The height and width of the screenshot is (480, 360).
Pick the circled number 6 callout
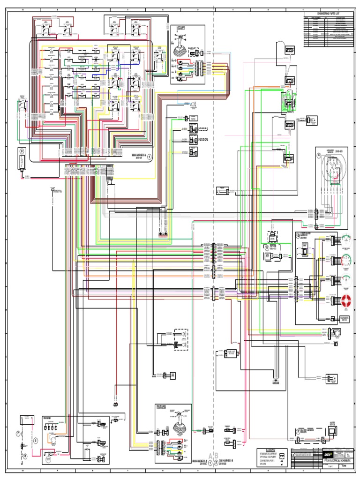(x=35, y=441)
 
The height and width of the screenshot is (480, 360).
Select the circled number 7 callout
(x=18, y=434)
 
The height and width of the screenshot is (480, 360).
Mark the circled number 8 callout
(x=25, y=455)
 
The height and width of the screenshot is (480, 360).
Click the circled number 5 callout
(x=267, y=247)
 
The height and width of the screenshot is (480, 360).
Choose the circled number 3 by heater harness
(x=298, y=430)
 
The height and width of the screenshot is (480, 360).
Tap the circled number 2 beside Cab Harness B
(x=216, y=462)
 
